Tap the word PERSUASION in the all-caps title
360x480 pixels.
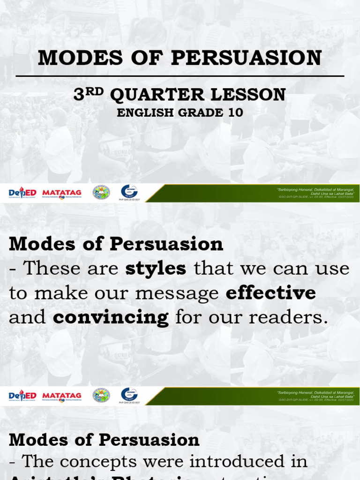[x=246, y=58]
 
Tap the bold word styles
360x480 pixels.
[x=156, y=269]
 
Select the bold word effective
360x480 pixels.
[x=270, y=293]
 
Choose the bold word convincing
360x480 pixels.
[x=111, y=317]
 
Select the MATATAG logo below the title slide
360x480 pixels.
[x=62, y=193]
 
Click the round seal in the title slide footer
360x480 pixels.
[x=101, y=192]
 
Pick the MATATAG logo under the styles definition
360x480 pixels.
[x=62, y=396]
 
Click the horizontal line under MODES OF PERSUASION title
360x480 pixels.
[x=180, y=76]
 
